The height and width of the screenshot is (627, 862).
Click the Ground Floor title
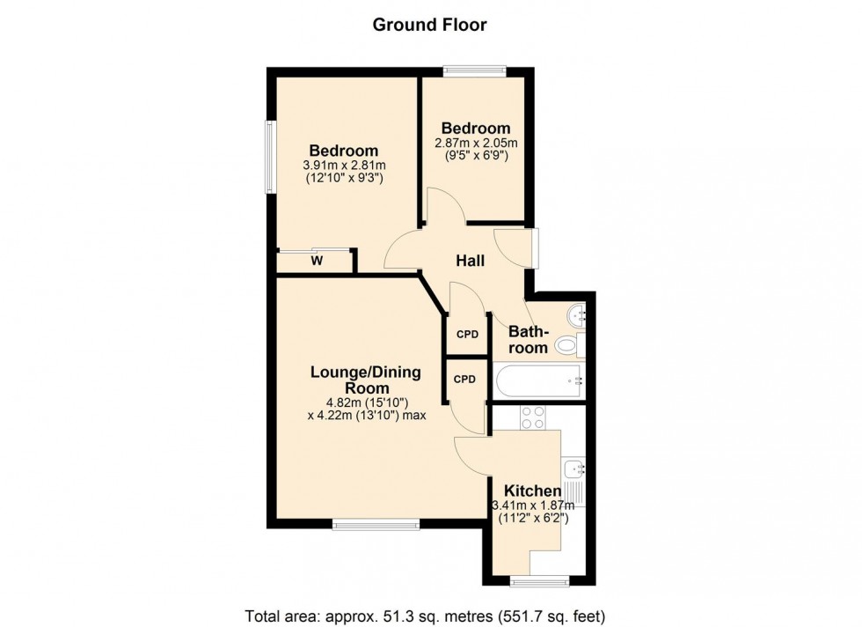coord(429,25)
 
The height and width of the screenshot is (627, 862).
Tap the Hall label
coord(471,261)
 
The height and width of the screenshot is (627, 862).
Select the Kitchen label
coord(531,491)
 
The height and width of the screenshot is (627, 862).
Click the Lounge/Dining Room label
coord(366,380)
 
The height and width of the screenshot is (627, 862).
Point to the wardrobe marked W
coord(315,261)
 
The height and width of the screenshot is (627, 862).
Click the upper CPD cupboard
coord(467,335)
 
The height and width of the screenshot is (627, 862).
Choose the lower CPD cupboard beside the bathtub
coord(464,380)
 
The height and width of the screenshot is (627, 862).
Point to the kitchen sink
coord(573,468)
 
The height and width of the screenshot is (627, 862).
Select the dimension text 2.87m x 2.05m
coord(476,143)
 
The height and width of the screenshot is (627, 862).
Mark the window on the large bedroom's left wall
coord(271,155)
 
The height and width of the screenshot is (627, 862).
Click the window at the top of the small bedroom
coord(474,70)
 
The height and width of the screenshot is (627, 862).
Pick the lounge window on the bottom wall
coord(376,526)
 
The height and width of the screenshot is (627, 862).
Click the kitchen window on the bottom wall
coord(539,582)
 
